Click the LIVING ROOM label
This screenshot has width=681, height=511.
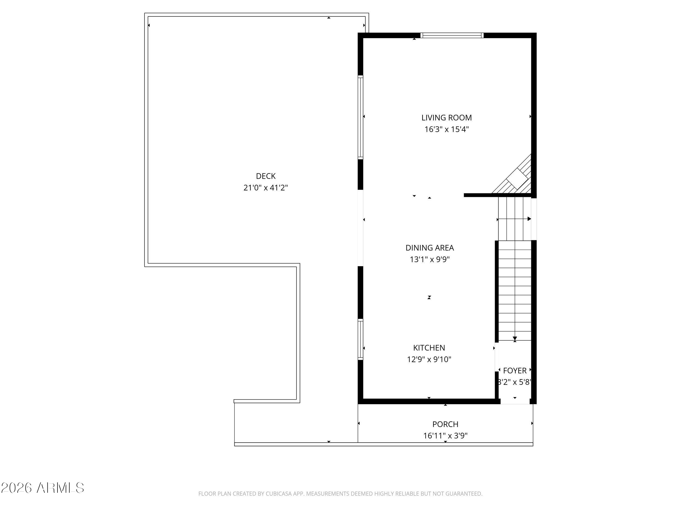click(x=446, y=118)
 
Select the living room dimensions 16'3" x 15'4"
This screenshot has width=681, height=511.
click(x=446, y=129)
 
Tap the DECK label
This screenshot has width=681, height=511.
click(x=266, y=176)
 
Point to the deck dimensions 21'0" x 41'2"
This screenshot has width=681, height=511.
click(x=266, y=188)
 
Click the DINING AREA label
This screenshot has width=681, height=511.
click(x=430, y=248)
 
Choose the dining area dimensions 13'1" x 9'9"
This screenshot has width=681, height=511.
click(x=430, y=259)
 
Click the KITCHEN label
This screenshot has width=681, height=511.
click(x=429, y=348)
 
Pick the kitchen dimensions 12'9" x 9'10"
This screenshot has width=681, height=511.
click(x=429, y=359)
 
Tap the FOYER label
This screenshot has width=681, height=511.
click(x=515, y=371)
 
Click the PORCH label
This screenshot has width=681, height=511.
click(x=445, y=424)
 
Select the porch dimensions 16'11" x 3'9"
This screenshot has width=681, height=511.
click(x=445, y=436)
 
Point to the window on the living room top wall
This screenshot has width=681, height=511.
click(x=452, y=35)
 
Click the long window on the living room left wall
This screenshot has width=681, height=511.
click(x=360, y=117)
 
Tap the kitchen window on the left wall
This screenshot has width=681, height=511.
click(x=360, y=339)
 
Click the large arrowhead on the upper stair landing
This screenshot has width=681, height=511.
click(x=529, y=219)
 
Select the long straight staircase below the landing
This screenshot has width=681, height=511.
click(x=515, y=289)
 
